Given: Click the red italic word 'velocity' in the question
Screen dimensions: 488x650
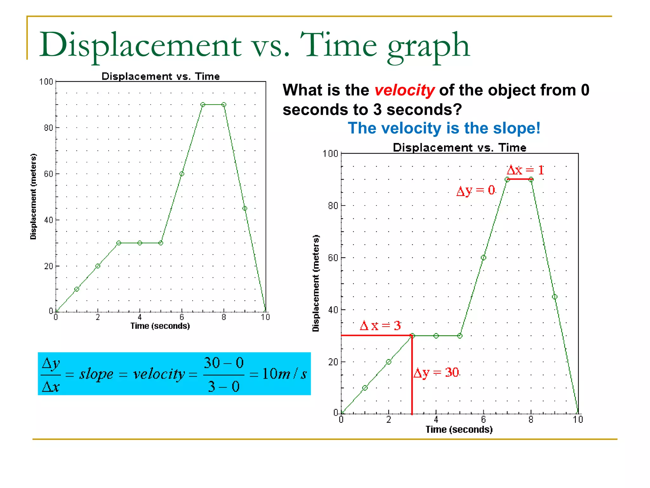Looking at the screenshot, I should pyautogui.click(x=404, y=90).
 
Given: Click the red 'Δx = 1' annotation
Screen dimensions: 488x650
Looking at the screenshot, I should pyautogui.click(x=525, y=170).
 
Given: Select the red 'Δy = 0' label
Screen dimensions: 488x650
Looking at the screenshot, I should pyautogui.click(x=475, y=190).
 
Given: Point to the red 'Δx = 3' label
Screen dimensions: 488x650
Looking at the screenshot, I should pyautogui.click(x=380, y=326).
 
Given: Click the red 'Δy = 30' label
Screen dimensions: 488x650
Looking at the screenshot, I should pyautogui.click(x=436, y=373).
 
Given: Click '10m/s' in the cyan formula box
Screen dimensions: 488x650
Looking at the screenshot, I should pyautogui.click(x=284, y=374).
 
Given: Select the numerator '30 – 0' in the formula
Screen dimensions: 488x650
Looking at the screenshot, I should pyautogui.click(x=223, y=363).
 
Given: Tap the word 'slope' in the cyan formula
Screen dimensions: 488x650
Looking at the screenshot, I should pyautogui.click(x=96, y=374).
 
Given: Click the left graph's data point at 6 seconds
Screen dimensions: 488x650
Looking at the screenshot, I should pyautogui.click(x=182, y=174).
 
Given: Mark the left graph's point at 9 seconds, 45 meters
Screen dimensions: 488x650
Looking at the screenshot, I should pyautogui.click(x=245, y=208).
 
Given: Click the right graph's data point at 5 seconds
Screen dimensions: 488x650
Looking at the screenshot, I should pyautogui.click(x=460, y=336).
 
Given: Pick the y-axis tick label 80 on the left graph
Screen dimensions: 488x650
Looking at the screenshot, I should pyautogui.click(x=48, y=128).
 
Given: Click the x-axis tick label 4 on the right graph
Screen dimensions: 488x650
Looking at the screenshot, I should pyautogui.click(x=436, y=420).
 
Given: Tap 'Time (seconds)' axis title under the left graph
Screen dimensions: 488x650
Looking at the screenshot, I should pyautogui.click(x=160, y=326).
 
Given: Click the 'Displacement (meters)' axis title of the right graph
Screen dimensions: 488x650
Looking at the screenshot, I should pyautogui.click(x=316, y=283).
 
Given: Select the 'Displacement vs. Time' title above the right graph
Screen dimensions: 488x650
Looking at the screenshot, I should pyautogui.click(x=459, y=148).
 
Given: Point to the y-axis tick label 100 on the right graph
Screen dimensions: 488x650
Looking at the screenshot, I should pyautogui.click(x=330, y=154).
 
